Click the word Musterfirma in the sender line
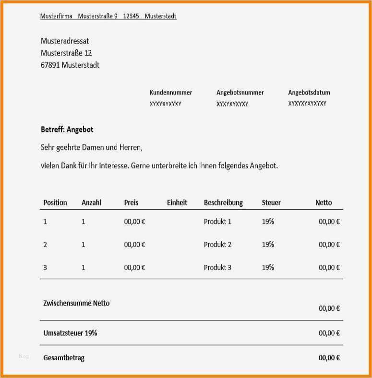[x=56, y=16]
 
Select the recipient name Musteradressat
[x=65, y=41]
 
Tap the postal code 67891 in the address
[x=50, y=65]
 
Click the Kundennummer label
[x=171, y=93]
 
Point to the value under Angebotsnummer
[x=232, y=104]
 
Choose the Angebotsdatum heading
[x=309, y=93]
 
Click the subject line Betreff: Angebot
[x=67, y=130]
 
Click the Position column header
[x=55, y=202]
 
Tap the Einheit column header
[x=177, y=202]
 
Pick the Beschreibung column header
[x=223, y=202]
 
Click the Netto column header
[x=324, y=202]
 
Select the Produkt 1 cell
[x=217, y=222]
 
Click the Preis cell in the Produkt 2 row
[x=134, y=245]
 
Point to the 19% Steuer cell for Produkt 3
[x=268, y=267]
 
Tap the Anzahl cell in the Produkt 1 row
[x=84, y=222]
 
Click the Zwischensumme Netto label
[x=76, y=303]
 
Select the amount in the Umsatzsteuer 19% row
[x=329, y=333]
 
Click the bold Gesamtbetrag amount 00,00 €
[x=329, y=358]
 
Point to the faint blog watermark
[x=24, y=356]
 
